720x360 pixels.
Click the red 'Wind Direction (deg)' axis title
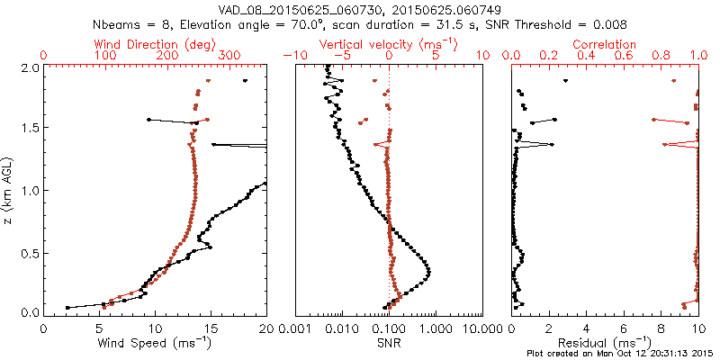(155, 43)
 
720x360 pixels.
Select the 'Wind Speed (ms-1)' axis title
(156, 343)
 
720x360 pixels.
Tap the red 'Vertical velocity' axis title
(388, 43)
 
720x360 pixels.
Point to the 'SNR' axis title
(389, 343)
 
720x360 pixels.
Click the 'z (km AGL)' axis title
(10, 189)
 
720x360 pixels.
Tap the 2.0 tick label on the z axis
(30, 67)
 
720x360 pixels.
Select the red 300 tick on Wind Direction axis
(229, 56)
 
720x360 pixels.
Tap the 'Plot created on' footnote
(621, 354)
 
